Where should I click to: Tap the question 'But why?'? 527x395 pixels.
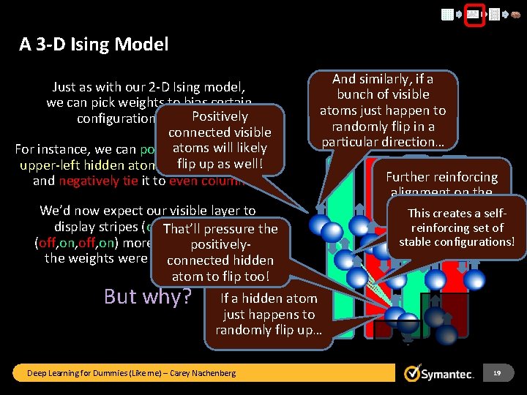(147, 296)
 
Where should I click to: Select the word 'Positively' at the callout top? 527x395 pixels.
(220, 116)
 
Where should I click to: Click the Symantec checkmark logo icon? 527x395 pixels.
(414, 373)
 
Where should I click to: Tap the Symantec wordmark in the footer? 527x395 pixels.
(449, 375)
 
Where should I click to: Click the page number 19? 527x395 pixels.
(497, 373)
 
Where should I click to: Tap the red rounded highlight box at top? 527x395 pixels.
(474, 14)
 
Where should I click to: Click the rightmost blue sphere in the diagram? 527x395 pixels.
(474, 279)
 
